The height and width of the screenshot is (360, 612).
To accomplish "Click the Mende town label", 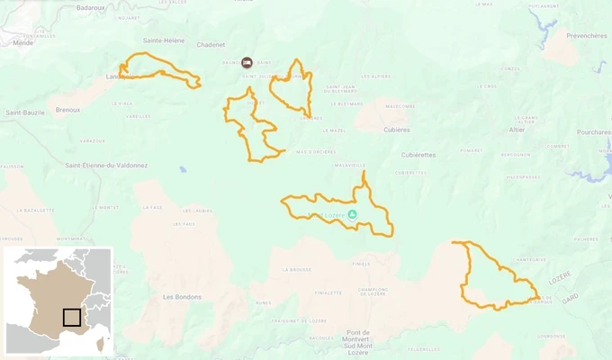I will pos(23,42).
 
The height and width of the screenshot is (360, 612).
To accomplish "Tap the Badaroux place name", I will pos(92,7).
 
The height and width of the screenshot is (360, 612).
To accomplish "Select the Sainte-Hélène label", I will pos(165,40).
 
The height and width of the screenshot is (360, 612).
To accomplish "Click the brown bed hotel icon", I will pos(247,62).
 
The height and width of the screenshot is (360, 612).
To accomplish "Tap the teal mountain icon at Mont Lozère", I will pos(352,214).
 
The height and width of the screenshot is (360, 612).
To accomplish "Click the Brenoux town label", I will pos(67,110).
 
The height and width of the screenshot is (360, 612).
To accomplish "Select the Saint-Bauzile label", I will pos(26,112).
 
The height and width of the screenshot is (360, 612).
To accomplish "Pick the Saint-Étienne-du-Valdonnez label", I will pos(106,165).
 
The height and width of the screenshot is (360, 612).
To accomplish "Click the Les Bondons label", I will pos(182,296).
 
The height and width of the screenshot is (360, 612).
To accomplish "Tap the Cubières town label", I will pos(398,129).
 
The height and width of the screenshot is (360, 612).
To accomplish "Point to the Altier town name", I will pos(516,130).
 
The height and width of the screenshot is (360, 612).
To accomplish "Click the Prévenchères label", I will pos(587,36).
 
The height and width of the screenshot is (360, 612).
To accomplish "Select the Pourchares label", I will pos(594,131).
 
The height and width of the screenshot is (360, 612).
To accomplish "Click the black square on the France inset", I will pos(72,317).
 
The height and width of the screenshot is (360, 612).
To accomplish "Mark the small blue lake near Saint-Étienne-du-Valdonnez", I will pos(183,168).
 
